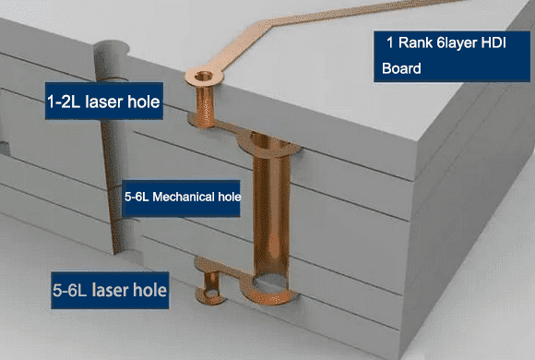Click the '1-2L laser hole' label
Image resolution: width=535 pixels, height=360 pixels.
pos(104,101)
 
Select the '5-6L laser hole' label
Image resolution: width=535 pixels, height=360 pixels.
pos(110,291)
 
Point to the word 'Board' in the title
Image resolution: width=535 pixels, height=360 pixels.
pos(401,68)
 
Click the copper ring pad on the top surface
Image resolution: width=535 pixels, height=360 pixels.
pos(204,77)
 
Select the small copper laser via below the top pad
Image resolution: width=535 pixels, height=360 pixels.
pos(205,105)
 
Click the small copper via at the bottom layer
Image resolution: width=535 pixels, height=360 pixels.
pos(211,287)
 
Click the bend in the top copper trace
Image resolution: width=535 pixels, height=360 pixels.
pos(262,25)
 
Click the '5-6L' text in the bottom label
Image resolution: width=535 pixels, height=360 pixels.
pos(69,291)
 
